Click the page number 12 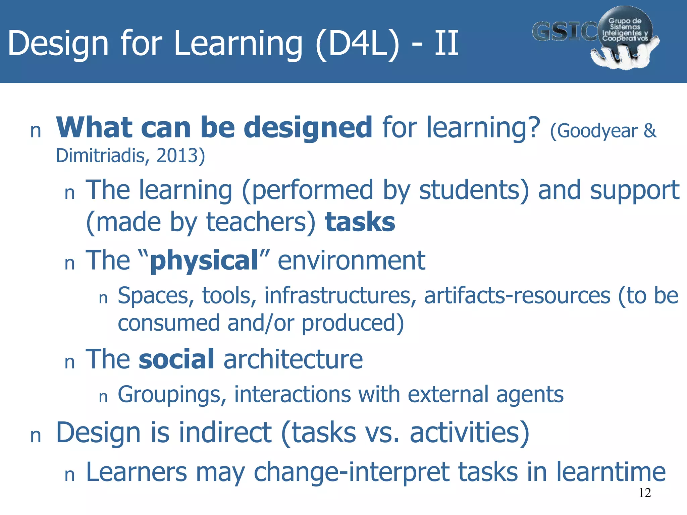[645, 493]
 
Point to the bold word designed [308, 127]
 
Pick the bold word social [176, 359]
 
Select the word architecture [293, 359]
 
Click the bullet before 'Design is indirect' [36, 436]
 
